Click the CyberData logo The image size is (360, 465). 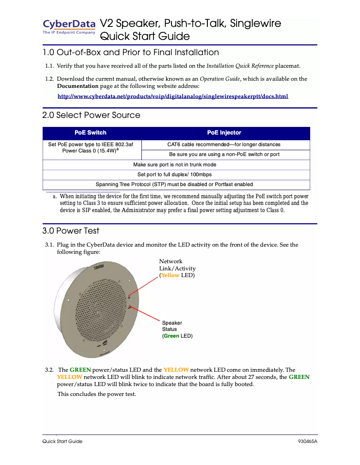(69, 26)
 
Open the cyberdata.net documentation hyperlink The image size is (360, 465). (173, 96)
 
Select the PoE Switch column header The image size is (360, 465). (90, 133)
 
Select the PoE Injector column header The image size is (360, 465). (224, 133)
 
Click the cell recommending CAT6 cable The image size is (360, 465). (224, 144)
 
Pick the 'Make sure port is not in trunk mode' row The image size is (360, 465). (176, 165)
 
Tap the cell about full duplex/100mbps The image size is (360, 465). (176, 174)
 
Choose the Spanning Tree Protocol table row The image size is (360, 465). (176, 184)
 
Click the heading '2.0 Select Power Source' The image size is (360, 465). (91, 115)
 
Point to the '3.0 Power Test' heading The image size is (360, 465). (71, 231)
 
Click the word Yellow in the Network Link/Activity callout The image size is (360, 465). (170, 275)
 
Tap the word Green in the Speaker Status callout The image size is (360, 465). (171, 335)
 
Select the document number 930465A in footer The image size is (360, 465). (307, 441)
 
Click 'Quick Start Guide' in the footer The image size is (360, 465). (62, 441)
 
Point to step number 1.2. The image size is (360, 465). (49, 79)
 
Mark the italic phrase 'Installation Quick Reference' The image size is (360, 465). (240, 66)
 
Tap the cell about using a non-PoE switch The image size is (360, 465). (224, 154)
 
